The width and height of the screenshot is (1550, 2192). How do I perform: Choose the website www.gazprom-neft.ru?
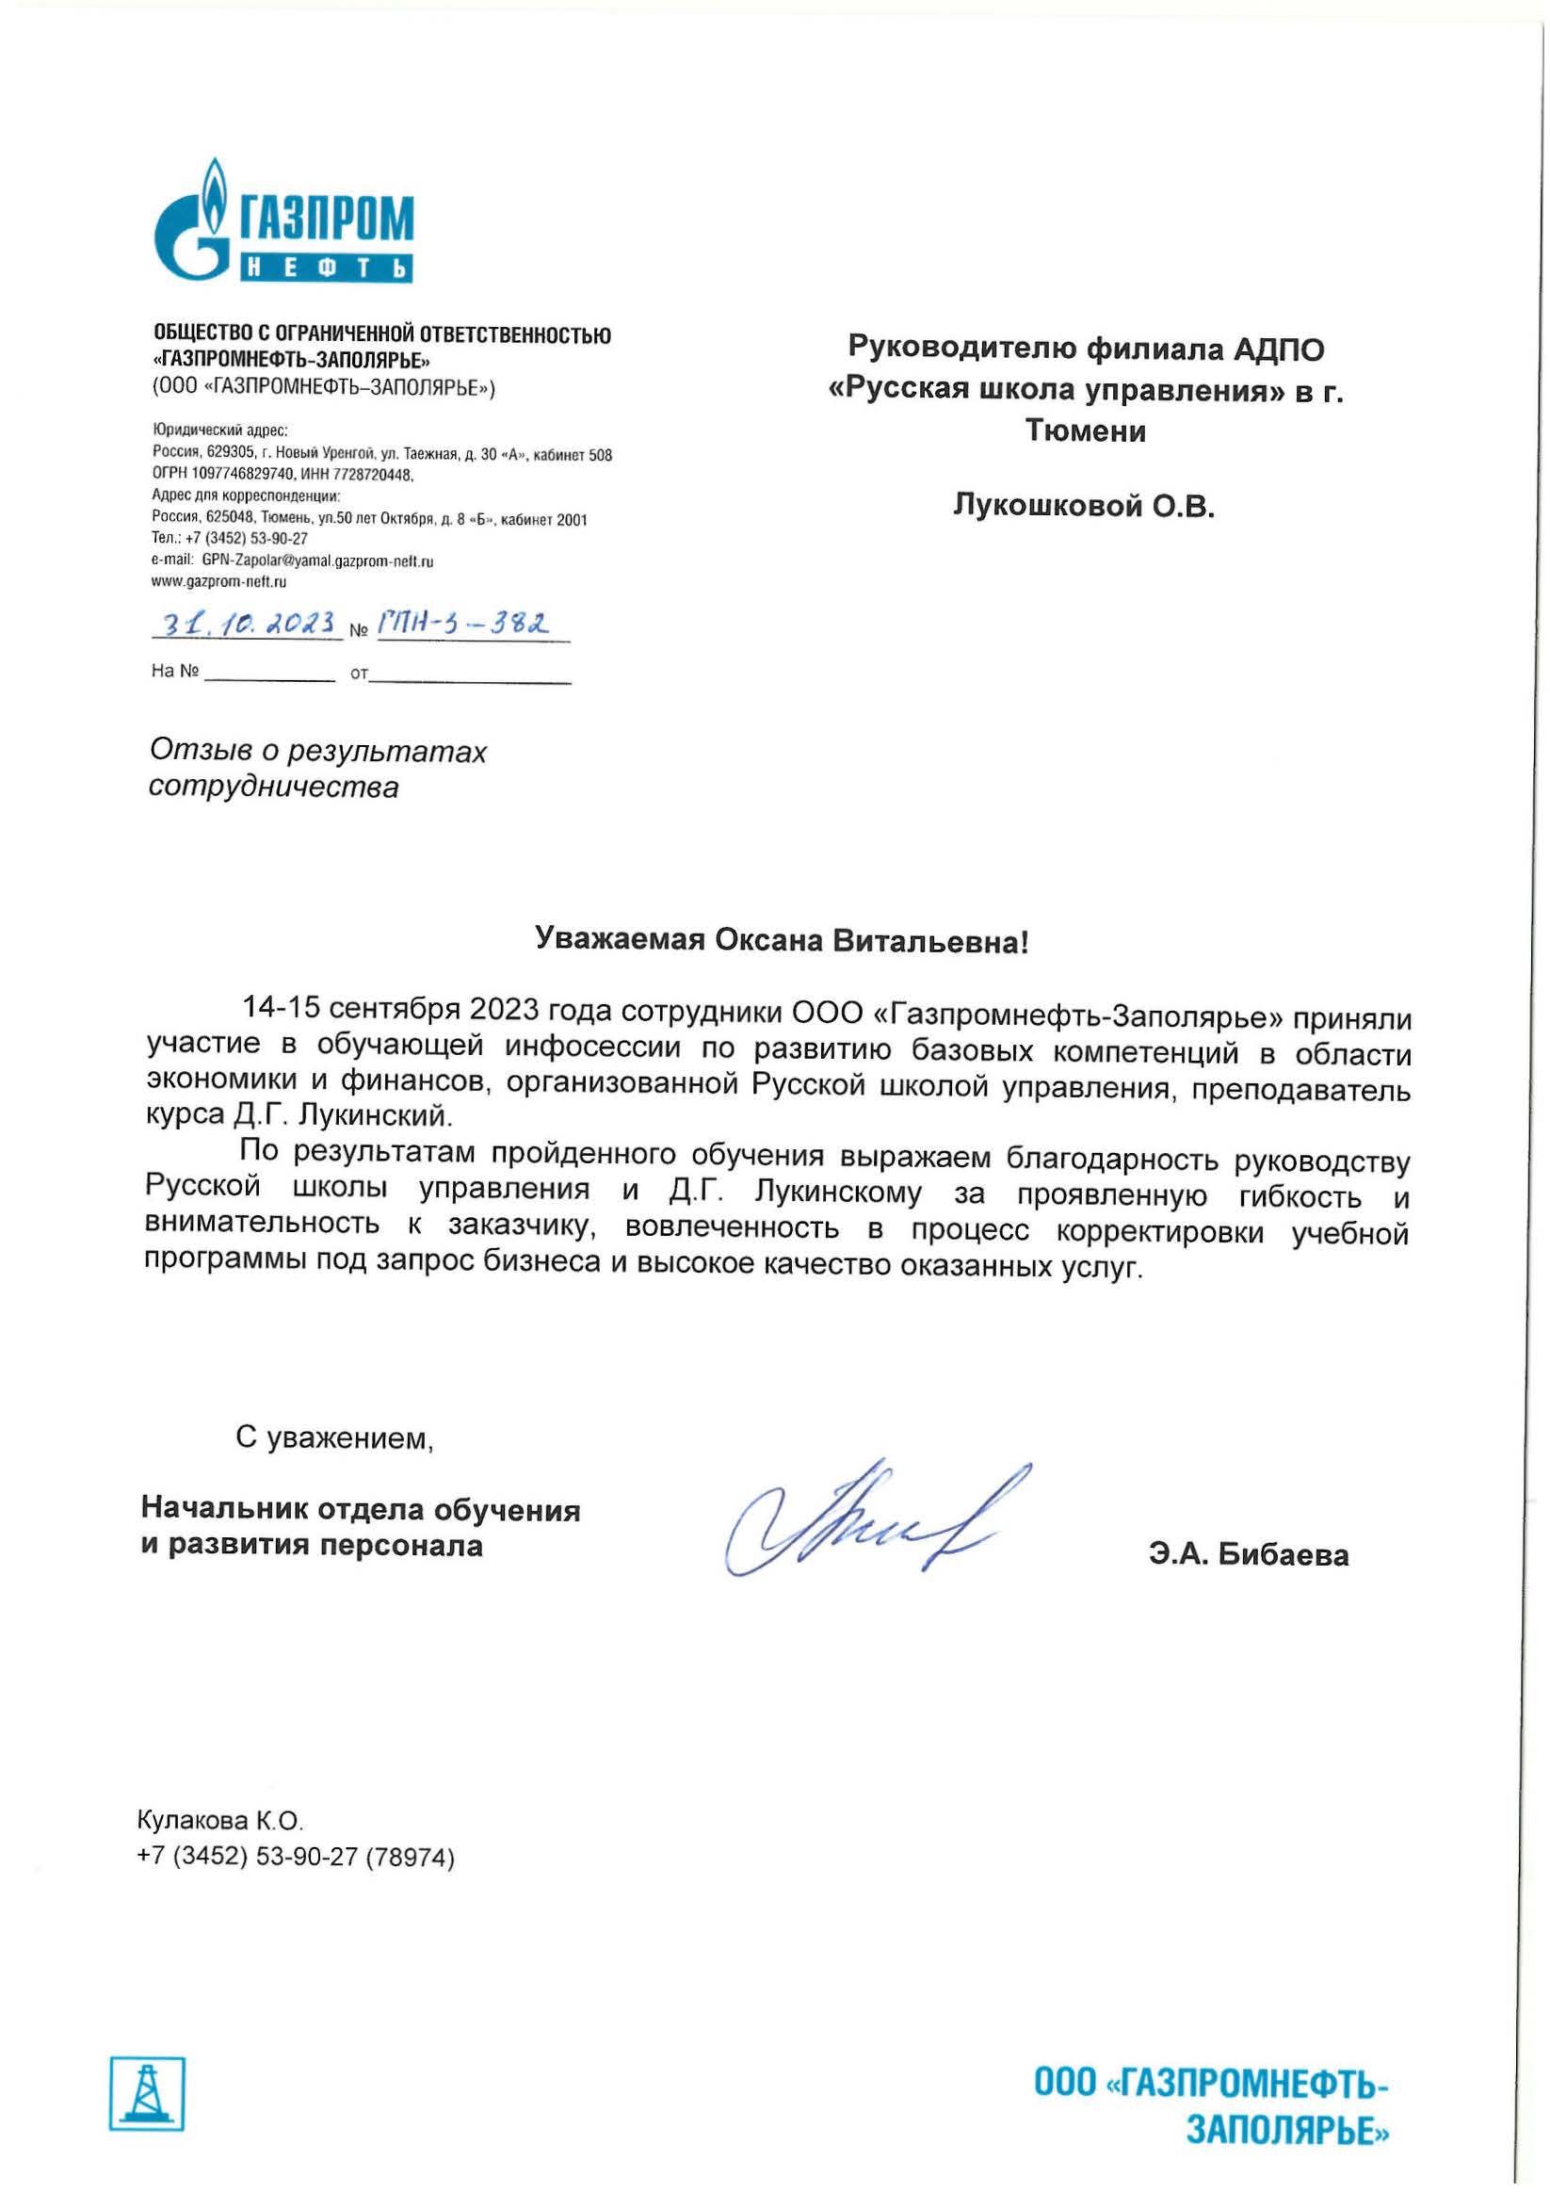click(219, 581)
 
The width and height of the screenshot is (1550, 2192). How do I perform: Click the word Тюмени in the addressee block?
click(1085, 431)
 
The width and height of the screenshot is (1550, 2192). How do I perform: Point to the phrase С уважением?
click(335, 1437)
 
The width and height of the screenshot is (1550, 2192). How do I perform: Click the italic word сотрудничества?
click(274, 787)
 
